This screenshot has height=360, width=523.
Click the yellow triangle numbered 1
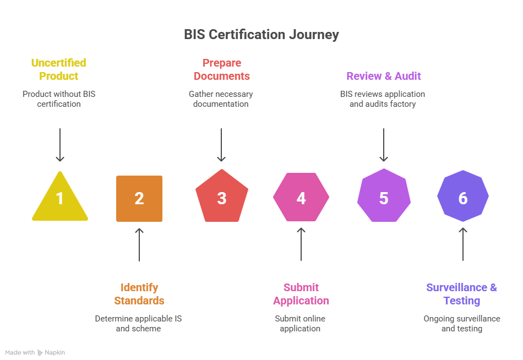pos(59,199)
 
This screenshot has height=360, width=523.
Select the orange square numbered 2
pos(139,198)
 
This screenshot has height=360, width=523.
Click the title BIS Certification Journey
pos(261,35)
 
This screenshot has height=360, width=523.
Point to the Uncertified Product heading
pos(59,69)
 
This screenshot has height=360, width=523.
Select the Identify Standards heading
pos(139,294)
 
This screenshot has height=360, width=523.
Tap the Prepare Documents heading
pos(221,69)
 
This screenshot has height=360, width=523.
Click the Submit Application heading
pos(301,294)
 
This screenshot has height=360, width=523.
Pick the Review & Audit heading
pos(384,76)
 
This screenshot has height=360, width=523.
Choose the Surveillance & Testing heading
pos(462,294)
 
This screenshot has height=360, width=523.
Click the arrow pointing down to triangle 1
pos(59,145)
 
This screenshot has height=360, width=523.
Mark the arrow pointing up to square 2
pos(139,244)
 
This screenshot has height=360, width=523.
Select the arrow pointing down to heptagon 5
pos(384,145)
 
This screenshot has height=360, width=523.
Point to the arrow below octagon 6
pos(463,244)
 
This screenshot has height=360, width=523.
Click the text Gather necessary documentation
pos(221,99)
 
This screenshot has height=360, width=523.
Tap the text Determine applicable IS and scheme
pos(138,324)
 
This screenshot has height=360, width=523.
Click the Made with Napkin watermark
pos(35,352)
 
